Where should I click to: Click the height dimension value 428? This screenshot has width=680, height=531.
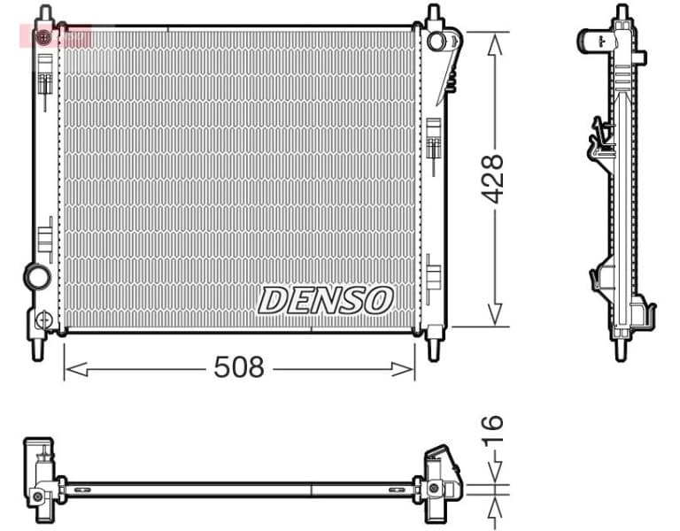coord(492,179)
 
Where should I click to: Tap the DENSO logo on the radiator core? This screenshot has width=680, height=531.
coord(325,300)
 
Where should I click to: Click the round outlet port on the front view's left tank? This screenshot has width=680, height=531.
coord(37,277)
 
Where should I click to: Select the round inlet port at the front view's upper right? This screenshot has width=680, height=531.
coord(436,41)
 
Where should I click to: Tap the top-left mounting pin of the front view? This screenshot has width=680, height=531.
coord(45,15)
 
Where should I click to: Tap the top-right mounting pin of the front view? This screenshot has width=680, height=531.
coord(433,15)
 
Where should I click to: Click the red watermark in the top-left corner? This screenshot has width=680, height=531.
coord(54,36)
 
